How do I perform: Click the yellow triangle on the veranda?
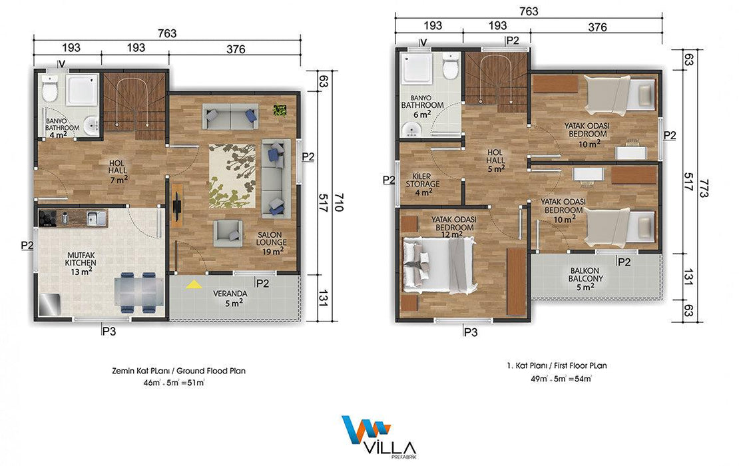(194, 284)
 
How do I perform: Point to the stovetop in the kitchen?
(47, 218)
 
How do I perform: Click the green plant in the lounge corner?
(280, 111)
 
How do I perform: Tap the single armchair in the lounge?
(228, 234)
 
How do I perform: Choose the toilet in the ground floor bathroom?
(49, 89)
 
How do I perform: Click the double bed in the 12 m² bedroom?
(439, 266)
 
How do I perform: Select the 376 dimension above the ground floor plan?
(236, 49)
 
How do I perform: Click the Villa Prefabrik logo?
(379, 437)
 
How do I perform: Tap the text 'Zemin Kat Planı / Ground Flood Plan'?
(178, 371)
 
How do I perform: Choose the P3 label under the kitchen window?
(109, 332)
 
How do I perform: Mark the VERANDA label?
(230, 294)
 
